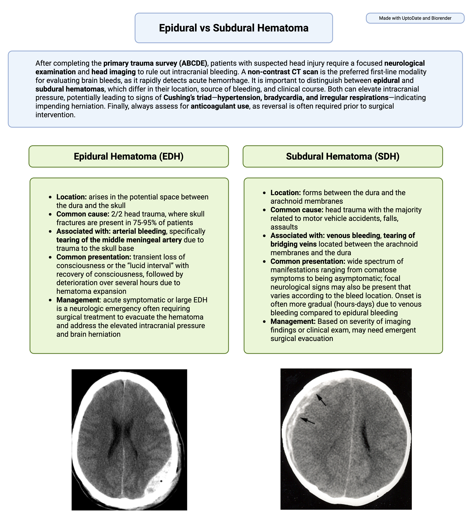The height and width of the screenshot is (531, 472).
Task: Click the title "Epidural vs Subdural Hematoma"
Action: [234, 28]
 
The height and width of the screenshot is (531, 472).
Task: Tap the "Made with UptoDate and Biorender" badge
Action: [415, 18]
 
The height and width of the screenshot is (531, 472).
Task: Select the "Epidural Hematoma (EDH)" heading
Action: [129, 156]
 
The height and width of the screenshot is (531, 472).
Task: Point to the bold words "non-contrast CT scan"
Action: [283, 72]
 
